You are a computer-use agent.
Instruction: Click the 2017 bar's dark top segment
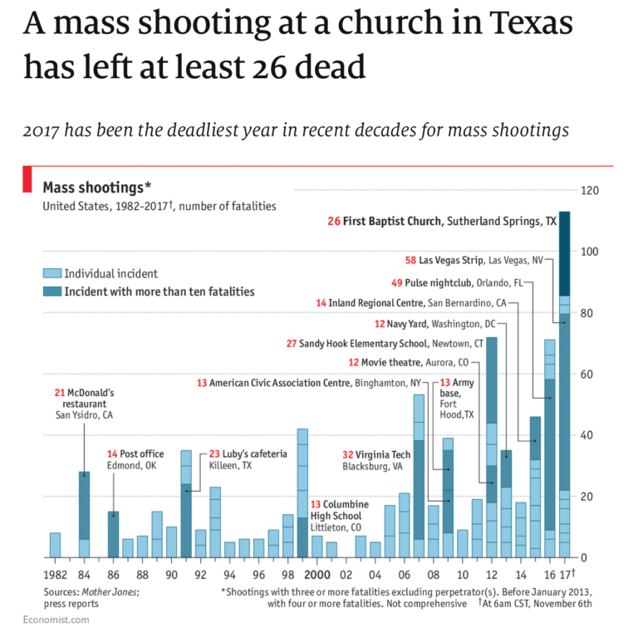564,253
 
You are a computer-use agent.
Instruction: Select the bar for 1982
55,545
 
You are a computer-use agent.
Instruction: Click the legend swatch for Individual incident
52,273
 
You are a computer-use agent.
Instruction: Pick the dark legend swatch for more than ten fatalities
52,292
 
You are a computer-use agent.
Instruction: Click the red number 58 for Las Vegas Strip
410,260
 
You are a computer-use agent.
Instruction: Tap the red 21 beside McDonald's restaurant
59,392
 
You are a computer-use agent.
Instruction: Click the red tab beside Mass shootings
27,179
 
